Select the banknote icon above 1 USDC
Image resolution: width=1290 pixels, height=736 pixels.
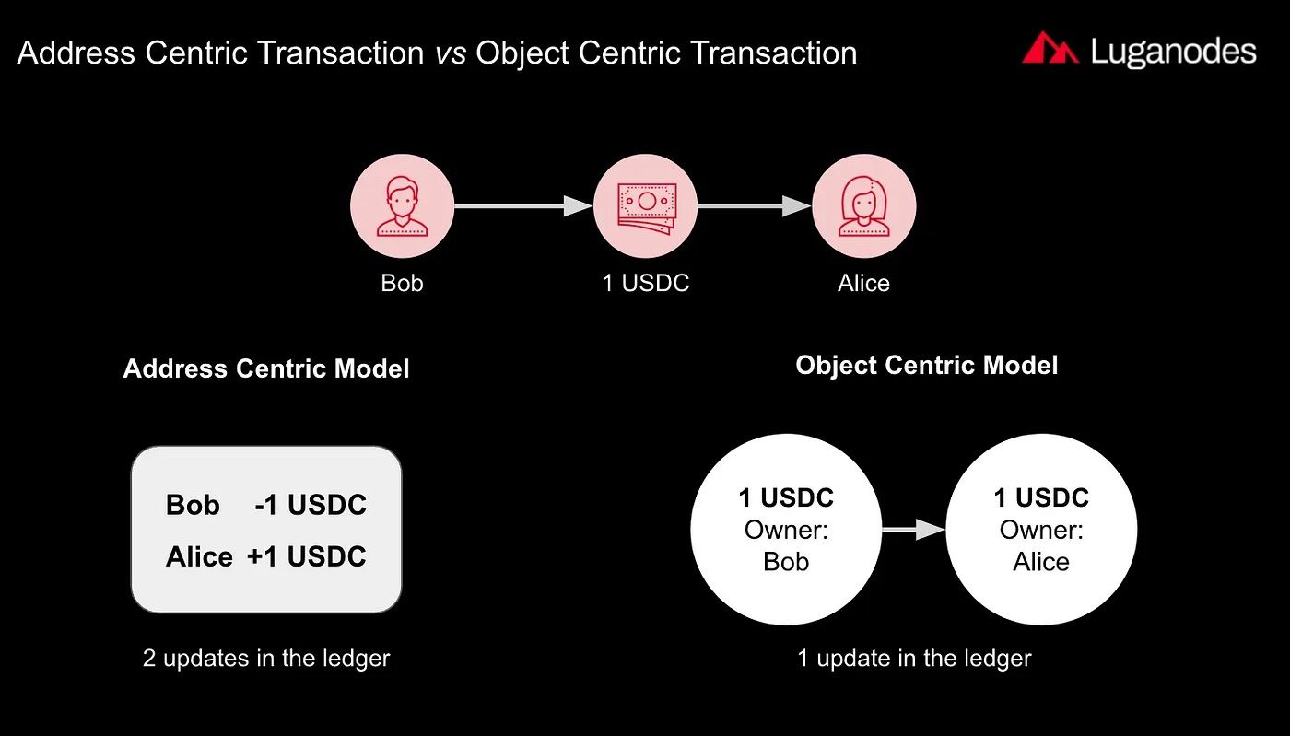click(645, 205)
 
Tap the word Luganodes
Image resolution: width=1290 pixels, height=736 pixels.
click(1173, 52)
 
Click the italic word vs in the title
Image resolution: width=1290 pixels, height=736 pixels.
click(451, 53)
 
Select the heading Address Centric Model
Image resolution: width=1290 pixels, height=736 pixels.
click(266, 368)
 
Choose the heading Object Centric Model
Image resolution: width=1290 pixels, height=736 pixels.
click(927, 365)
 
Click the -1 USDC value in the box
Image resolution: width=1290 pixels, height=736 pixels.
click(311, 505)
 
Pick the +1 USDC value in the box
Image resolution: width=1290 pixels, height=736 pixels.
click(307, 556)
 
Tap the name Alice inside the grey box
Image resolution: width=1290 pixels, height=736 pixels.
click(199, 556)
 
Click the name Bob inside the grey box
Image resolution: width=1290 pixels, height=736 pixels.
click(193, 505)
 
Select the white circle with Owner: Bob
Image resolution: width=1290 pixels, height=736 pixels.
click(786, 530)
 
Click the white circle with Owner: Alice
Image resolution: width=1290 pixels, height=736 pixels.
click(1041, 530)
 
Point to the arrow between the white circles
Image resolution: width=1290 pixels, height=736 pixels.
click(912, 530)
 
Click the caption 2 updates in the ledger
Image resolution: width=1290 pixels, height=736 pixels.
click(266, 658)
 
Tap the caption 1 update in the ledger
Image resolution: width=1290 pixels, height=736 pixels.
click(914, 658)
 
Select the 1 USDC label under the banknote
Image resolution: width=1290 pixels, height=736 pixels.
click(645, 283)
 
